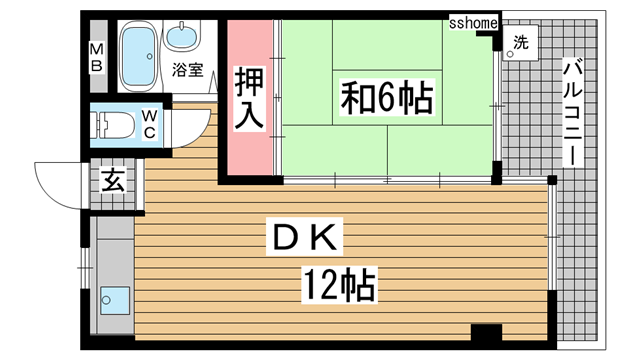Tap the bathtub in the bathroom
(138, 59)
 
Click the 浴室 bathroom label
(187, 70)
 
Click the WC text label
(148, 124)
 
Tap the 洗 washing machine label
(520, 43)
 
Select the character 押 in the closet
(249, 79)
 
